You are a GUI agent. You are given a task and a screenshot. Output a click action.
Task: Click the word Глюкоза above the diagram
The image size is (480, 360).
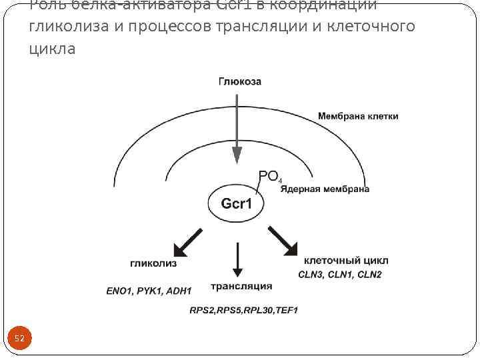point(240,82)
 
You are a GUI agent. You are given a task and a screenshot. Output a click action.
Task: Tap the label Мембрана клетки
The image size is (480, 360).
point(358,116)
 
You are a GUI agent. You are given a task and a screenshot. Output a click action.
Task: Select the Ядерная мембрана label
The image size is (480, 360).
point(325,189)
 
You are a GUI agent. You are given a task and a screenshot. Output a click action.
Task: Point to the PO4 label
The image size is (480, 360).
point(270,177)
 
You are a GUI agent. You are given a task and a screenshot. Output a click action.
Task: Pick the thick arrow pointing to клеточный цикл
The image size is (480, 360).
point(283,241)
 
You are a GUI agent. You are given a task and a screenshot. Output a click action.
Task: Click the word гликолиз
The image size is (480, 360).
point(153,264)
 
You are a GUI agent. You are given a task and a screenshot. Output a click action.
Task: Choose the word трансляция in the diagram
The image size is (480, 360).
point(241,286)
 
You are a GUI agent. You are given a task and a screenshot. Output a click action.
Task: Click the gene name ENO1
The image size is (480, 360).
point(119,291)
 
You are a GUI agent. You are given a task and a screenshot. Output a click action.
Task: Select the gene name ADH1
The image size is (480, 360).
point(179,291)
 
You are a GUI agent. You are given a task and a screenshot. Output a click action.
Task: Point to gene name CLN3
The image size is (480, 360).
point(311,275)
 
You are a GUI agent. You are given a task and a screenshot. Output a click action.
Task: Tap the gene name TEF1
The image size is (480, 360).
point(287,310)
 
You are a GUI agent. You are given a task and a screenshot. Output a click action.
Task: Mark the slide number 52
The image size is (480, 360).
point(19,339)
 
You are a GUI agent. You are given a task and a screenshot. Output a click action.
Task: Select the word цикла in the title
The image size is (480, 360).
point(52,49)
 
